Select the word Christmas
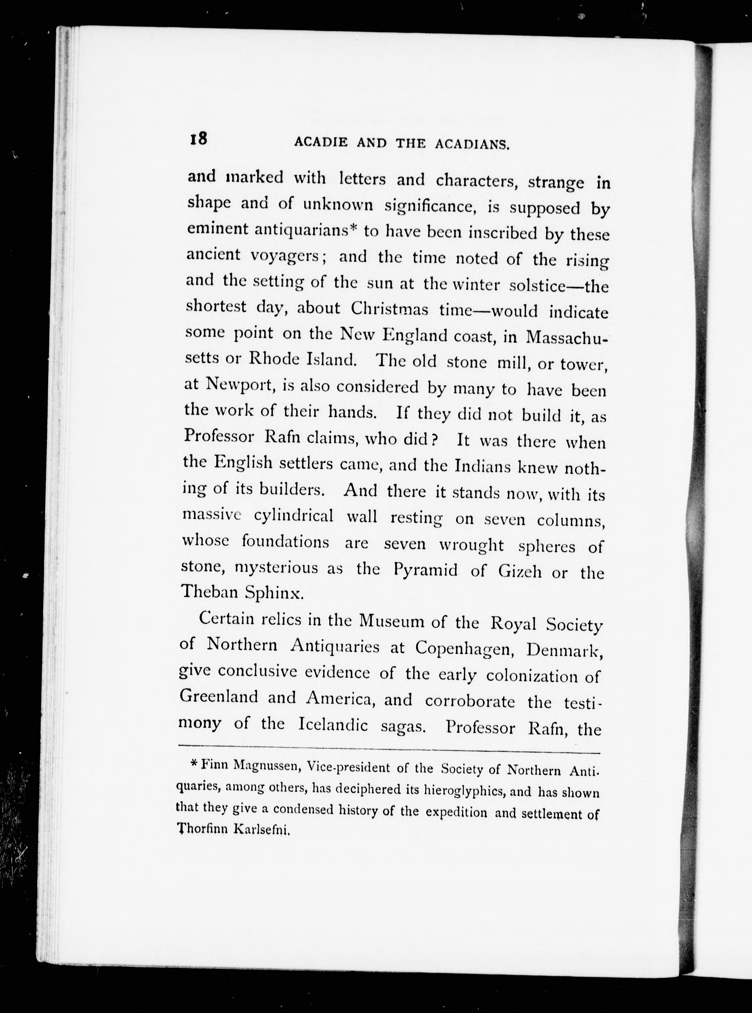(x=389, y=309)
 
